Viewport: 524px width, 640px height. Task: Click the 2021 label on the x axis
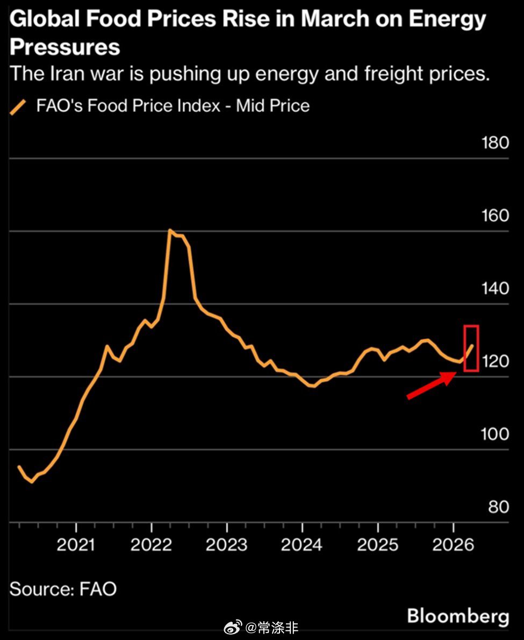76,544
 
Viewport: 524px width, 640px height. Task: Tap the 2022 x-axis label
152,544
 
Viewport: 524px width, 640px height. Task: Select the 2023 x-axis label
227,544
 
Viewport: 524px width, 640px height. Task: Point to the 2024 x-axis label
302,544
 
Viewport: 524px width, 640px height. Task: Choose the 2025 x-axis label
378,544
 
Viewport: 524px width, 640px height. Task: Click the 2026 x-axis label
453,544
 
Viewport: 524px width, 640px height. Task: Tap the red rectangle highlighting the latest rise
471,348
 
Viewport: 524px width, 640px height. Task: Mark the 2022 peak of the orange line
170,231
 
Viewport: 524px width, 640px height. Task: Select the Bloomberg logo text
457,616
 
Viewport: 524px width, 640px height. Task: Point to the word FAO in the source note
98,589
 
